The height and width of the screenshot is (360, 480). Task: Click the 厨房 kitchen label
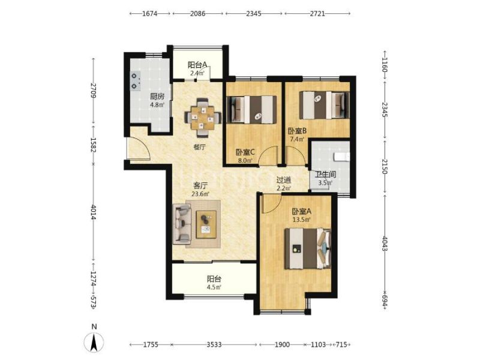(157, 97)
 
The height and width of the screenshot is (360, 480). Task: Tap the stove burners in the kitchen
(135, 82)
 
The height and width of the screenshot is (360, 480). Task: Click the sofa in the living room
(182, 224)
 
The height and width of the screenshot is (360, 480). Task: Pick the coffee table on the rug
(206, 224)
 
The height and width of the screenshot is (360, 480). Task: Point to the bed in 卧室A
(308, 248)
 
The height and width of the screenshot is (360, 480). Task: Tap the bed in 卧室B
(324, 105)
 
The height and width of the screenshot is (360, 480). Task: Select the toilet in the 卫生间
(342, 157)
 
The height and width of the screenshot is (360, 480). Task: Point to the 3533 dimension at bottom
(214, 344)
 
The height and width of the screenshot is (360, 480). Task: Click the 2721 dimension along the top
(317, 13)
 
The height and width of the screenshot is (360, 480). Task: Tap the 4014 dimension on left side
(94, 213)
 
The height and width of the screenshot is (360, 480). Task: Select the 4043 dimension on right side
(385, 244)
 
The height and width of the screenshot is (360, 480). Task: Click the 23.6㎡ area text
(200, 194)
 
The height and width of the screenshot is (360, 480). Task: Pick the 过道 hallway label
(283, 180)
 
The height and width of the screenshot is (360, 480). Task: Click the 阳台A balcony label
(197, 65)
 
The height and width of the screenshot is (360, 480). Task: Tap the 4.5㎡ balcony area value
(214, 287)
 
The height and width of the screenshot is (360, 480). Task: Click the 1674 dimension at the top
(149, 13)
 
